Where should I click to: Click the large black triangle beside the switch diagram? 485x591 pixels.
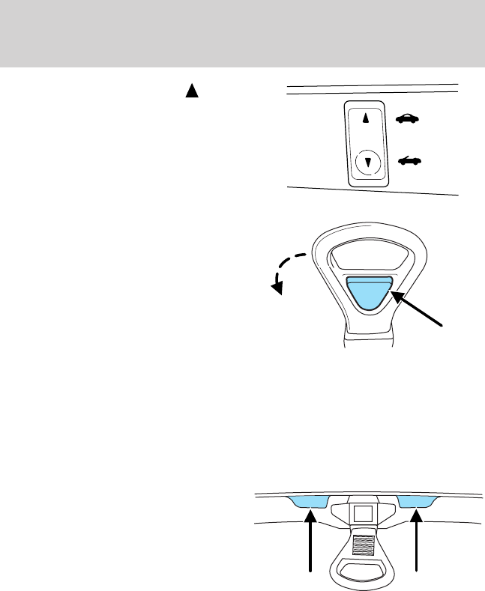tap(191, 91)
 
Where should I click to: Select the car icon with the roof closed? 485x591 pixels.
tap(407, 118)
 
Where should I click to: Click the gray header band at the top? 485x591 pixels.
tap(242, 33)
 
